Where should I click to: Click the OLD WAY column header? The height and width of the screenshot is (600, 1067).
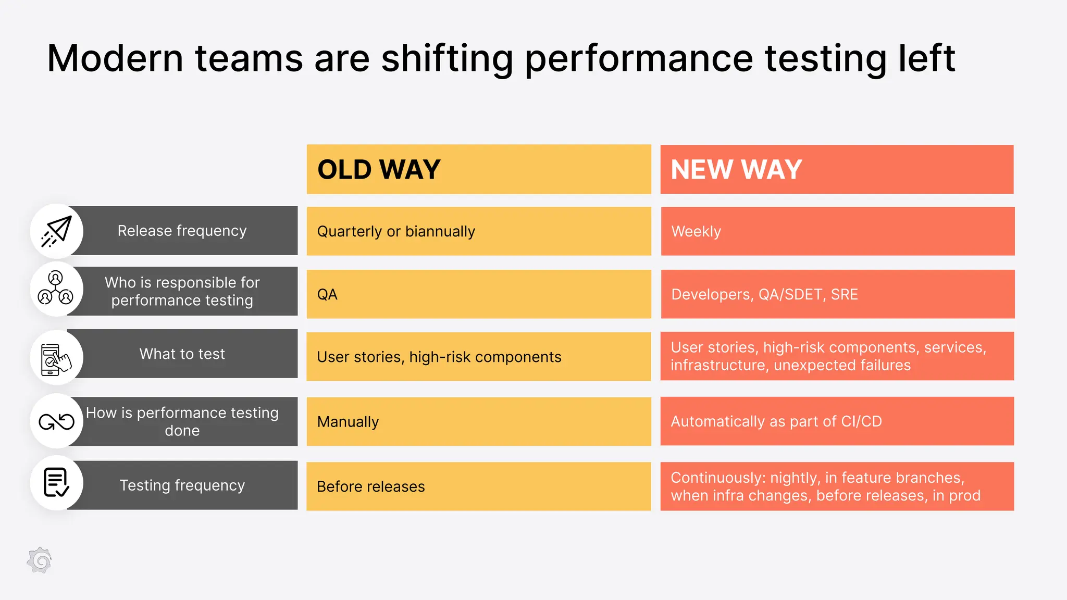(478, 169)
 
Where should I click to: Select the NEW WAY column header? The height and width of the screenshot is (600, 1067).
(837, 169)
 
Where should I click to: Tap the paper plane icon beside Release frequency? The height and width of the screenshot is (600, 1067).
(56, 231)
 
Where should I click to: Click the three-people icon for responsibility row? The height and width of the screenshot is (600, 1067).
(56, 289)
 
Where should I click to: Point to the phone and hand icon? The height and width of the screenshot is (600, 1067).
(56, 358)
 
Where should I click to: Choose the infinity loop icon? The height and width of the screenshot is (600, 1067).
(56, 421)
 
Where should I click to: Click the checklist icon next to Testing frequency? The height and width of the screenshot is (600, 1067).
(56, 483)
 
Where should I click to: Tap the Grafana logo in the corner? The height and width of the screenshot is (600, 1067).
(40, 560)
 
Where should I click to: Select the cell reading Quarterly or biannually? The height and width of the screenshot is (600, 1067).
(478, 231)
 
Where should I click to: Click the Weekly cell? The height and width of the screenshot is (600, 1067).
(837, 231)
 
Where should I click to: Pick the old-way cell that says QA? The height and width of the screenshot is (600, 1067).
(478, 294)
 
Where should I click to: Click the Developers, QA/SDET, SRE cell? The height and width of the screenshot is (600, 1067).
(837, 294)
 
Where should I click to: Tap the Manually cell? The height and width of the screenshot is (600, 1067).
(478, 421)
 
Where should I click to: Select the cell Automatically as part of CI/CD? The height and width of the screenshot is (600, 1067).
(837, 421)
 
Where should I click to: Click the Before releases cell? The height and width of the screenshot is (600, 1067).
(478, 486)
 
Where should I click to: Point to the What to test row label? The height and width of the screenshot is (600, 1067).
(182, 354)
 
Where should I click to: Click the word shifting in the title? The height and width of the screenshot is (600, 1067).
(447, 58)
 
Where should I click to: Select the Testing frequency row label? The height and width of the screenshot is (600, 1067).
(182, 485)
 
